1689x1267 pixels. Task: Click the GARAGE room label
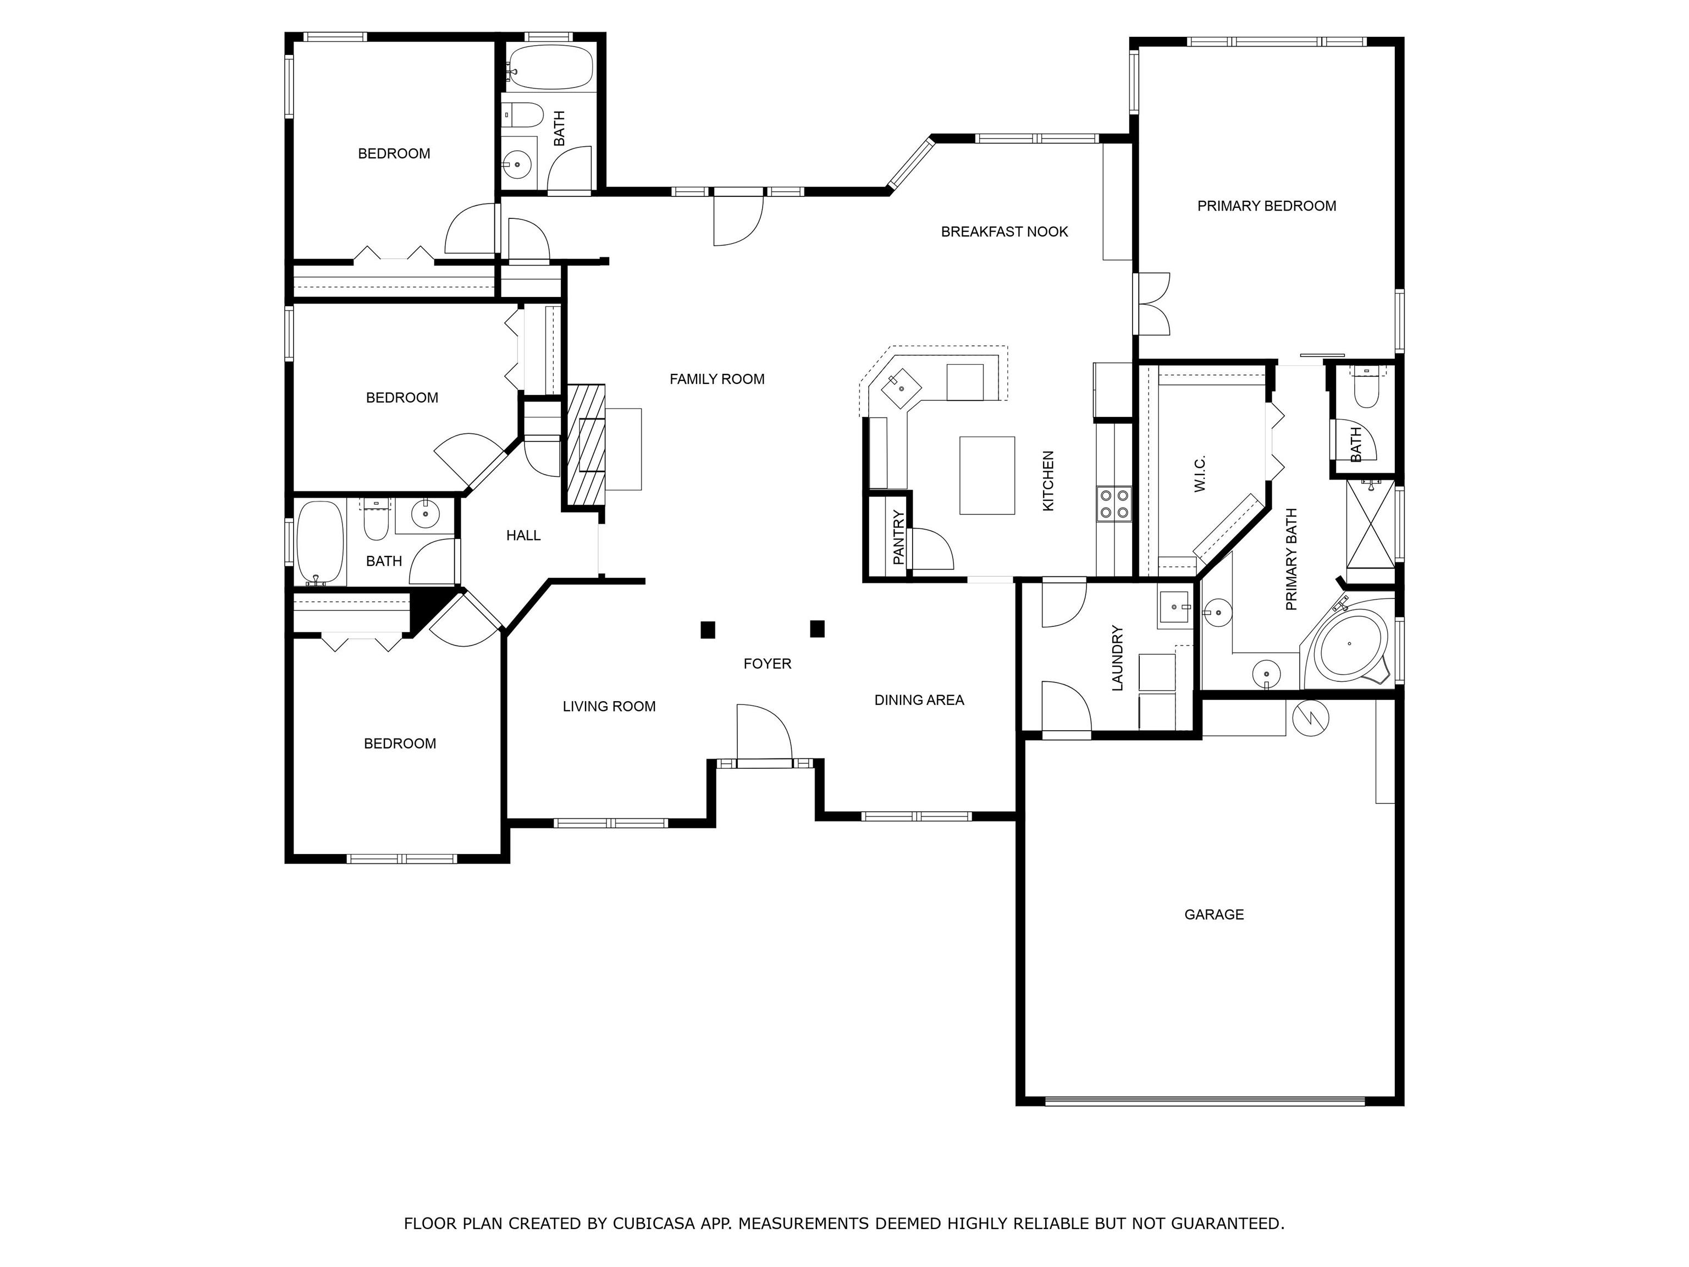coord(1213,914)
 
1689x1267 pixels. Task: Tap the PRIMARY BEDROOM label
coord(1266,206)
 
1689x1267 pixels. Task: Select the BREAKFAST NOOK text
coord(1003,232)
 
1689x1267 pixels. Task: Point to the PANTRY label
coord(898,538)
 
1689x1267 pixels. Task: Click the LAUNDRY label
coord(1117,658)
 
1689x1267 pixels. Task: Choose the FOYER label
coord(766,664)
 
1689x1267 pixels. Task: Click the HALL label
coord(523,536)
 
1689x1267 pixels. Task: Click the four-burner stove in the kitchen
coord(1113,504)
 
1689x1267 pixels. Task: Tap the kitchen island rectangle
coord(986,475)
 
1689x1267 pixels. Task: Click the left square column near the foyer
coord(708,629)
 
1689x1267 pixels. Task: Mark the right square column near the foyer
coord(817,629)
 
